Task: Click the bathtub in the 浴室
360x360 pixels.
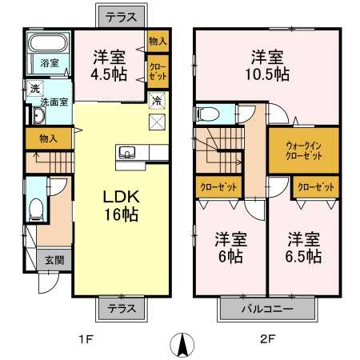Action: tap(48, 42)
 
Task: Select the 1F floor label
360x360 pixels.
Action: tap(86, 339)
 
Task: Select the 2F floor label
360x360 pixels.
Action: tap(267, 339)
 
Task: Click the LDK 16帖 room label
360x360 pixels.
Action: tap(122, 206)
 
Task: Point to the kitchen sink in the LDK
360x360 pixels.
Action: tap(127, 153)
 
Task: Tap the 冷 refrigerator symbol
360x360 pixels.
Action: tap(157, 101)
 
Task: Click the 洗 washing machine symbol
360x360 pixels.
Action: tap(34, 89)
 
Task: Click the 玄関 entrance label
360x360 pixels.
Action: tap(54, 260)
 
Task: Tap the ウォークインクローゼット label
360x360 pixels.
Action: tap(303, 150)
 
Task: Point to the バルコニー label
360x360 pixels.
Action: tap(267, 309)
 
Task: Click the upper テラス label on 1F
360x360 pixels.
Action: tap(122, 18)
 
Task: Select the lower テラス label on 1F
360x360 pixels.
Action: tap(122, 309)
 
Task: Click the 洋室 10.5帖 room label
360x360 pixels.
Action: tap(267, 66)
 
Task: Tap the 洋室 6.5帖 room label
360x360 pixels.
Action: tap(304, 247)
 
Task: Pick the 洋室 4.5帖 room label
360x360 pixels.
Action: tap(109, 66)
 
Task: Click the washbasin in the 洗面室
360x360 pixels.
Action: tap(39, 115)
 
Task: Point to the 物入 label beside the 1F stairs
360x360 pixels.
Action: tap(48, 138)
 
